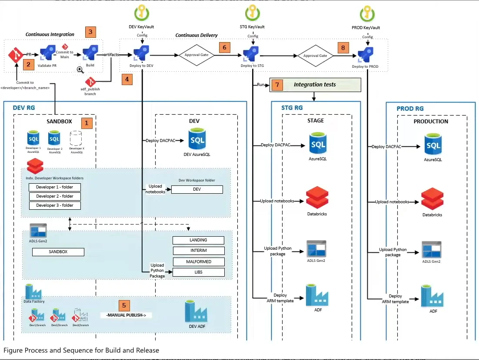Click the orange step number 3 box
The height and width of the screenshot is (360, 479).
(90, 32)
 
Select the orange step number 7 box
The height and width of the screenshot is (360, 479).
(277, 85)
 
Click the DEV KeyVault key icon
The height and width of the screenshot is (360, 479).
(142, 13)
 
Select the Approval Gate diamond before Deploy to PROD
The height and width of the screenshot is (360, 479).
(315, 56)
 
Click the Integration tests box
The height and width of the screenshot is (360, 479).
(315, 85)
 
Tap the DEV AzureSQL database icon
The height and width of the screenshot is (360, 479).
(197, 139)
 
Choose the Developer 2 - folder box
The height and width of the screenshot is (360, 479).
(55, 196)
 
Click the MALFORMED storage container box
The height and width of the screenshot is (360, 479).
(198, 262)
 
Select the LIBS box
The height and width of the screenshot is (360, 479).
(198, 272)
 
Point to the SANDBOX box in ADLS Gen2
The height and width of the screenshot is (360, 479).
(58, 252)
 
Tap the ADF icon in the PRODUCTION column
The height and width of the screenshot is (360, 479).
(432, 296)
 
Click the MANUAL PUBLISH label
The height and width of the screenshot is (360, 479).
(126, 315)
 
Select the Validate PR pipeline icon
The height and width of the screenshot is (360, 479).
(48, 55)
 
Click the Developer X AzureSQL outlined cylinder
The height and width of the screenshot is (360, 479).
(77, 139)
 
